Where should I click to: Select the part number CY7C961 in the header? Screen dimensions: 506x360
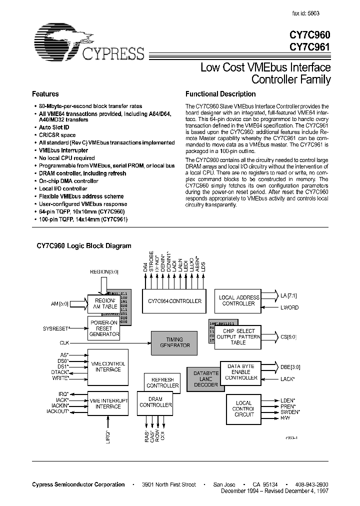click(310, 47)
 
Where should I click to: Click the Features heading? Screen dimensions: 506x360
click(45, 94)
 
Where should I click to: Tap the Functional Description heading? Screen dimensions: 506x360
click(220, 94)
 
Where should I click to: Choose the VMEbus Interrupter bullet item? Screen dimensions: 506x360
click(63, 150)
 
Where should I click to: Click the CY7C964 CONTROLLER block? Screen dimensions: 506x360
click(175, 301)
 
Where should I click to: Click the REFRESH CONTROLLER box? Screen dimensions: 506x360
click(162, 383)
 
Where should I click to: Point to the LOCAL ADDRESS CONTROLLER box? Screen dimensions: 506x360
click(239, 300)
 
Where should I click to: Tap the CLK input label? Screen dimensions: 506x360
click(65, 342)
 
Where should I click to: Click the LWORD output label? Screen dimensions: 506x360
click(289, 307)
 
